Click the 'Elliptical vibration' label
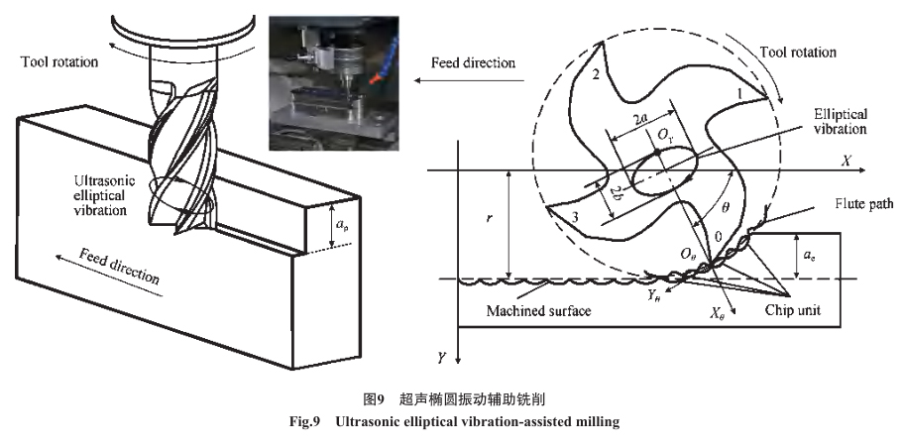pos(840,121)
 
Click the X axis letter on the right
pos(846,160)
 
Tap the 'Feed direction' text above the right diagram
pos(473,62)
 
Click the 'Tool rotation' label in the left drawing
pos(59,62)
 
